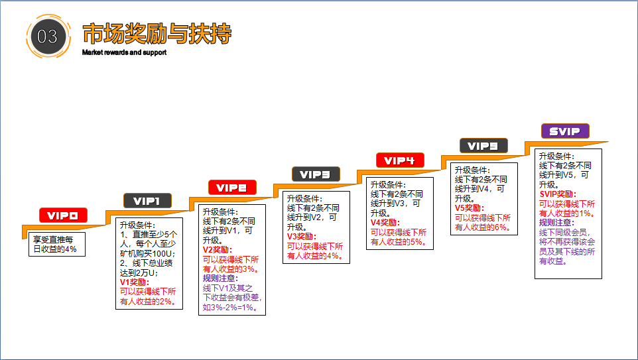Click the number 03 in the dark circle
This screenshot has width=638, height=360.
coord(47,36)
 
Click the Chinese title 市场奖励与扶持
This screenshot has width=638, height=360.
coord(157,34)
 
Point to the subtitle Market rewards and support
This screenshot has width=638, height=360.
coord(124,52)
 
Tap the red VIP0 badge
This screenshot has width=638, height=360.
coord(63,215)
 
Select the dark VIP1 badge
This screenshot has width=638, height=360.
coord(147,200)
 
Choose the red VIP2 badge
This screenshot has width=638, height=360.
coord(232,188)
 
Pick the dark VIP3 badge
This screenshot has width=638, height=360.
coord(316,174)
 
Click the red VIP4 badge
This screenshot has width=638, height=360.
coord(400,160)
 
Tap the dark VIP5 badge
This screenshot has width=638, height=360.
coord(483,146)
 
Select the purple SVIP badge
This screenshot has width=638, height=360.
coord(565,131)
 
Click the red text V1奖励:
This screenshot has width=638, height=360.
coord(135,282)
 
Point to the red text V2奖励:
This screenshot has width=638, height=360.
coord(218,250)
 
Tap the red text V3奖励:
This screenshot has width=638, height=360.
coord(302,236)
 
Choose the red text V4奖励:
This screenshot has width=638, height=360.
coord(385,223)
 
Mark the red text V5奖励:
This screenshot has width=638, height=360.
coord(470,208)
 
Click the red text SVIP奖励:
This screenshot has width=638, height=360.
coord(558,194)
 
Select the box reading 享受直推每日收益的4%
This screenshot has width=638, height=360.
coord(57,244)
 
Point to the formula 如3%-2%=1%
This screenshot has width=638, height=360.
coord(230,308)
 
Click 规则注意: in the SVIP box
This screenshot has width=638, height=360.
coord(557,223)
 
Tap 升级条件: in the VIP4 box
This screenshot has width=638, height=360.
coord(388,184)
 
